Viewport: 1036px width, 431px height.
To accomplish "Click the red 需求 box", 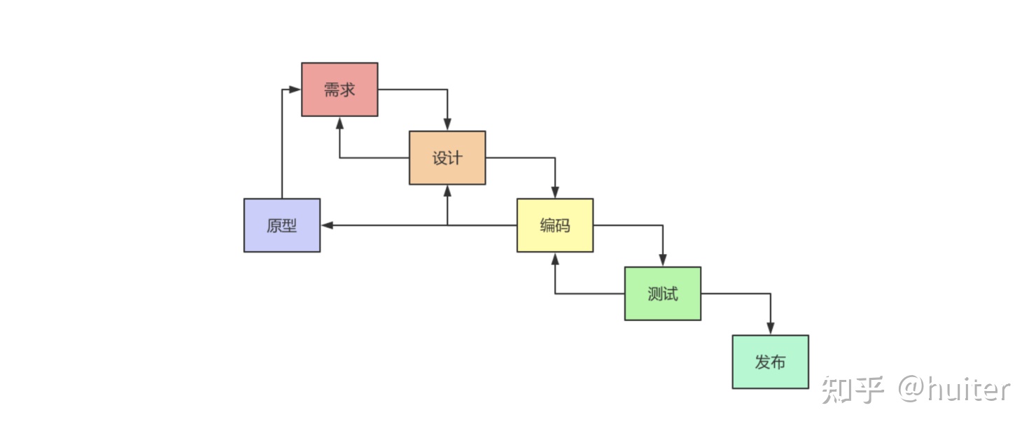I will coord(339,90).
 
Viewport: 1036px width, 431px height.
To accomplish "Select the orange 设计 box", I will coord(447,157).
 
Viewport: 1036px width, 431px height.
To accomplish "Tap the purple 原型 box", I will coord(282,225).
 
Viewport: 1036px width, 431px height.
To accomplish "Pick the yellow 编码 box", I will coord(555,225).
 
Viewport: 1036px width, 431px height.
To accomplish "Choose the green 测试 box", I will coord(663,294).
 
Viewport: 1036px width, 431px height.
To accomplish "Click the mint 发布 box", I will coord(770,362).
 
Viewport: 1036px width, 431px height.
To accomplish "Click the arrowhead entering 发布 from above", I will coord(771,330).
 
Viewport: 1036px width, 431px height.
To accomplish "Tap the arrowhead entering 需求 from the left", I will coord(295,90).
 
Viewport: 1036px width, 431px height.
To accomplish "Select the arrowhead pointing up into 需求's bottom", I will coord(340,122).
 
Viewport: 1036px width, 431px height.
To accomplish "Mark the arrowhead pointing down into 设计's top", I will coord(447,125).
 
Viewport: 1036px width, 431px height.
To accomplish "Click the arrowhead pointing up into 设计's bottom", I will coord(447,190).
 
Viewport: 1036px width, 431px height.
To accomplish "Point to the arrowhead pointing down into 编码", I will coord(555,193).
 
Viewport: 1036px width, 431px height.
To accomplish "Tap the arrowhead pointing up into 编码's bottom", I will coord(555,258).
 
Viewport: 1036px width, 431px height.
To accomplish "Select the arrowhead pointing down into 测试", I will coord(663,261).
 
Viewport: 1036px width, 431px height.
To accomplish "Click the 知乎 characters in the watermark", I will coord(853,390).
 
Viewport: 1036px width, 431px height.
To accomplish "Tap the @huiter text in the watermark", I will coord(954,390).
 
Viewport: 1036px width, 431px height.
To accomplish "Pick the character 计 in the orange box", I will coord(455,157).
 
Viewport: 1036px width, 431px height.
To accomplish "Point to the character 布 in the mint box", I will coord(778,362).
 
